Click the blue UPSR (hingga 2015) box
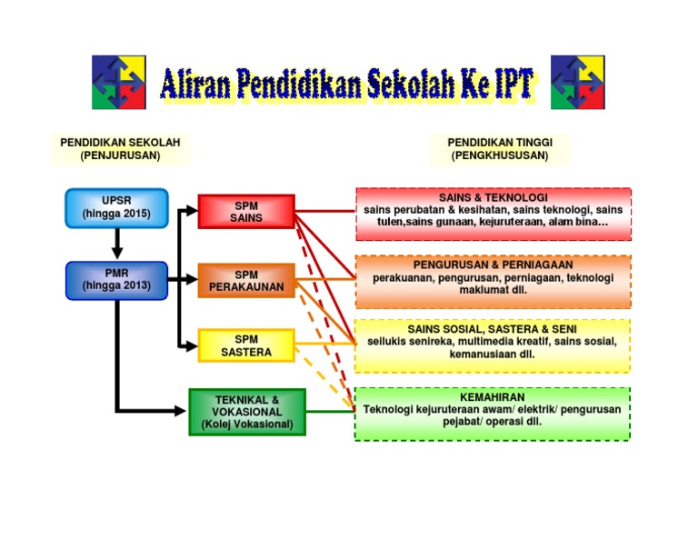(x=116, y=208)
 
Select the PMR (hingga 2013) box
(x=116, y=280)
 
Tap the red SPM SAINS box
(x=246, y=212)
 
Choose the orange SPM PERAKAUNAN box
(x=246, y=281)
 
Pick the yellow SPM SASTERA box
(x=246, y=346)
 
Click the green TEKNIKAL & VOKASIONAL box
(x=247, y=412)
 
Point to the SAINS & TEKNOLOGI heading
(x=493, y=197)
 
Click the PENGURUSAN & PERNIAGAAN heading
(x=493, y=265)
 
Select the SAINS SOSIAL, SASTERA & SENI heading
(x=492, y=328)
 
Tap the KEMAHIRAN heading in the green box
(x=492, y=397)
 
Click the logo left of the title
(x=118, y=82)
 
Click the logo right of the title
(x=577, y=82)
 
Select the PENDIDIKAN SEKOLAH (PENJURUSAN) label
(x=120, y=149)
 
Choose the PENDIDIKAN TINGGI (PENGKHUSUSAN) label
(x=500, y=149)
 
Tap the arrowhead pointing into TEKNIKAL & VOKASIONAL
(x=179, y=411)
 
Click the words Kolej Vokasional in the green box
(x=247, y=425)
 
